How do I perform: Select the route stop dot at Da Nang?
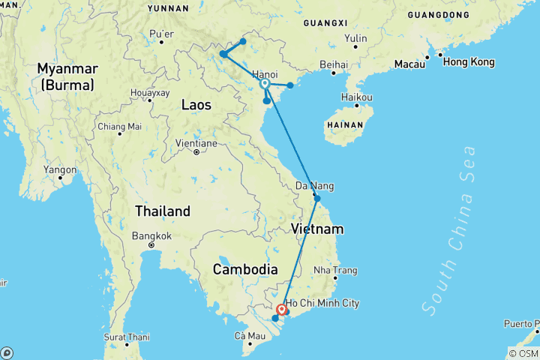(x=317, y=199)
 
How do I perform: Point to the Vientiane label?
(x=196, y=142)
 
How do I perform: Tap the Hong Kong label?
(x=469, y=61)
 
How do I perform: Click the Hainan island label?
(x=350, y=124)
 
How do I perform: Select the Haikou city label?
(x=357, y=97)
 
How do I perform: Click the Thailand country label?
(x=162, y=211)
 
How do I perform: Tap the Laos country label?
(x=196, y=106)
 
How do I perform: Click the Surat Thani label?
(x=125, y=335)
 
